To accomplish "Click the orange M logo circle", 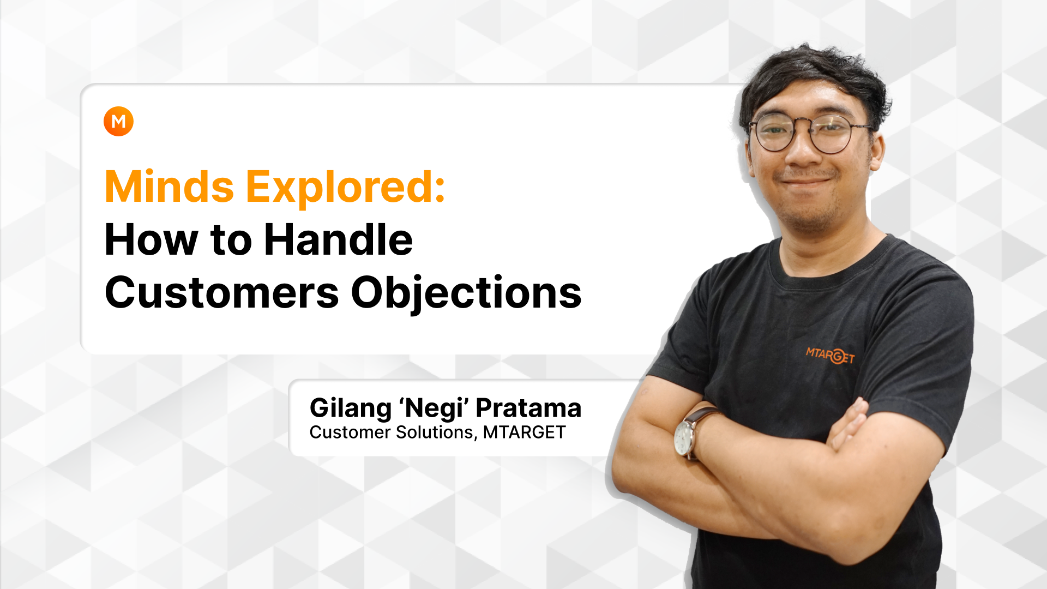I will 118,121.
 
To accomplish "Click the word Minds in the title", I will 169,187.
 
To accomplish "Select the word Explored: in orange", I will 346,187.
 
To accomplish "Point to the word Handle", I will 338,240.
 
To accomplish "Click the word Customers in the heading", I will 221,293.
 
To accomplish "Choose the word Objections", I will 466,293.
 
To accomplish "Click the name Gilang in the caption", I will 351,408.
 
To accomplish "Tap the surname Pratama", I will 528,408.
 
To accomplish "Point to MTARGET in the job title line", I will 524,432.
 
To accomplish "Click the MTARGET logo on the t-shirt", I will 830,356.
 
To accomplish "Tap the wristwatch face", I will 683,437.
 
